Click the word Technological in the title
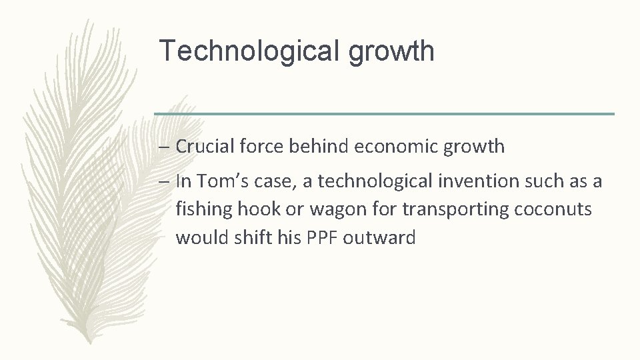251,51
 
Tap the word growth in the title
393,52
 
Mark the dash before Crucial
164,147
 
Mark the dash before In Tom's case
164,181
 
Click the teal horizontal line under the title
384,114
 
